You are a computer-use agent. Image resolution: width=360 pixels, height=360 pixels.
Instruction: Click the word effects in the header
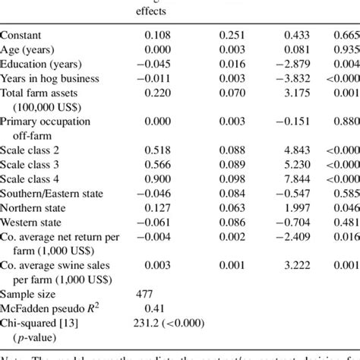[x=151, y=11]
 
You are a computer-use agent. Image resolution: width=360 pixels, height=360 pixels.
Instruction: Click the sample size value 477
[x=146, y=294]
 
